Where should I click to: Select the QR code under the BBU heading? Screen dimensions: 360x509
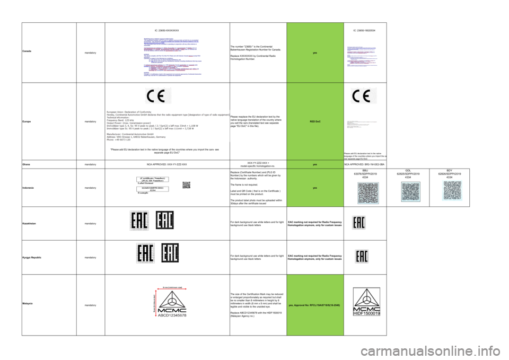pos(368,193)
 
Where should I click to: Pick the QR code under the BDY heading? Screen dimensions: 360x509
pos(453,193)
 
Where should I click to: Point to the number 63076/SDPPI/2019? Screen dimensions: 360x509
pos(368,173)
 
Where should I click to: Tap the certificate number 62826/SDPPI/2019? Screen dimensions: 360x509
pos(453,173)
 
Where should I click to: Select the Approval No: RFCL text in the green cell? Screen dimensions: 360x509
pos(315,305)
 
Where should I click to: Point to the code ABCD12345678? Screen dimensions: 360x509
pos(169,314)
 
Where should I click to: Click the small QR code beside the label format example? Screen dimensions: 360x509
pos(186,185)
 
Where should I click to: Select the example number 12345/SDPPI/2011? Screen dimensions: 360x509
pos(153,188)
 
